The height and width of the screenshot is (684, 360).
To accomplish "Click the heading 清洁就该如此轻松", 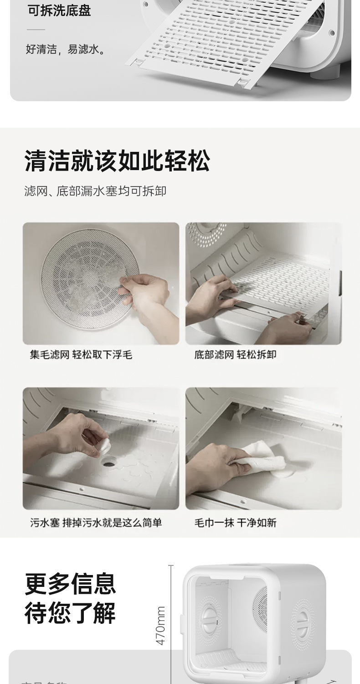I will (x=117, y=161).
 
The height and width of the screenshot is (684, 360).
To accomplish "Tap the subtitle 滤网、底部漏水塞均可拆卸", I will (x=95, y=191).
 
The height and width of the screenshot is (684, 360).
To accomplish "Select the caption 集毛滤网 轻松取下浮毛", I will (x=81, y=354).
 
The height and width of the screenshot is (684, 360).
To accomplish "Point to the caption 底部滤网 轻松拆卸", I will (x=235, y=354).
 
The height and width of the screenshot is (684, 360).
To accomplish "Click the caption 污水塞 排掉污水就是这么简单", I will (x=96, y=523).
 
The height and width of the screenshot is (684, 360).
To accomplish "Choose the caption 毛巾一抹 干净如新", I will (x=235, y=523).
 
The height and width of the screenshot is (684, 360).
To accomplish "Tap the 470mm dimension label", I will (x=160, y=625).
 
